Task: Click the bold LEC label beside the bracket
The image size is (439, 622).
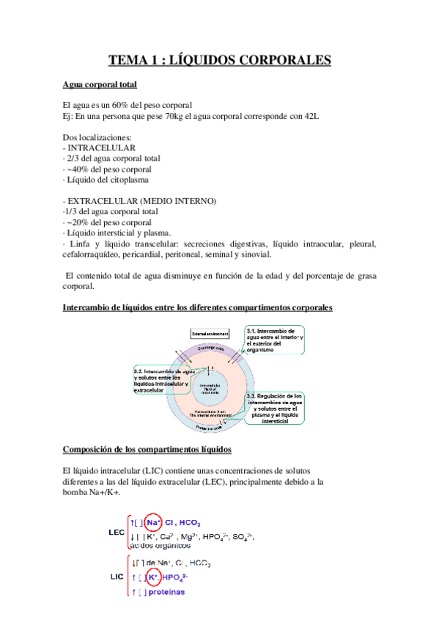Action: pyautogui.click(x=116, y=533)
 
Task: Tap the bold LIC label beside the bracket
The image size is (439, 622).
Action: pyautogui.click(x=115, y=577)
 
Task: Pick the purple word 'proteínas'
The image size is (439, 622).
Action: pyautogui.click(x=166, y=592)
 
